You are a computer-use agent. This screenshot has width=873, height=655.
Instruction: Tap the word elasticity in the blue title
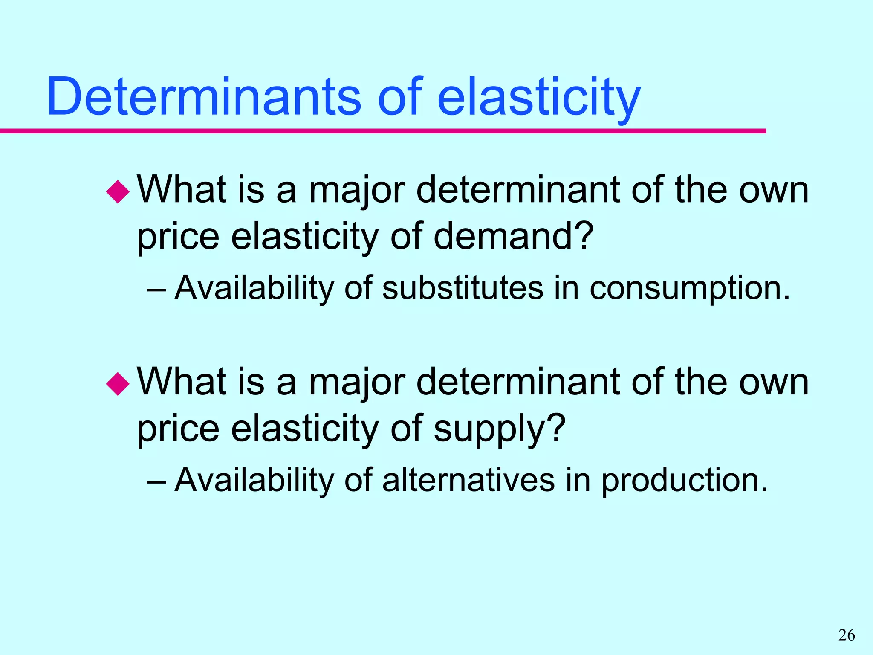pos(539,98)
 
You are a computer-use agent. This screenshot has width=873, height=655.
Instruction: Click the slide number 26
pos(847,635)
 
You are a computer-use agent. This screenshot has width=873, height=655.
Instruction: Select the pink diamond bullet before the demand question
pos(118,192)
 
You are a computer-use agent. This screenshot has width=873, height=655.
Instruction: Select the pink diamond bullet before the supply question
pos(118,384)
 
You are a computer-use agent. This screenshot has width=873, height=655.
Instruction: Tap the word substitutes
pos(463,288)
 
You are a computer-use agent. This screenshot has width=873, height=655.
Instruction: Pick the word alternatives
pos(468,480)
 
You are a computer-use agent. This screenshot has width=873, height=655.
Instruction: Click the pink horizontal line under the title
pos(384,131)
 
